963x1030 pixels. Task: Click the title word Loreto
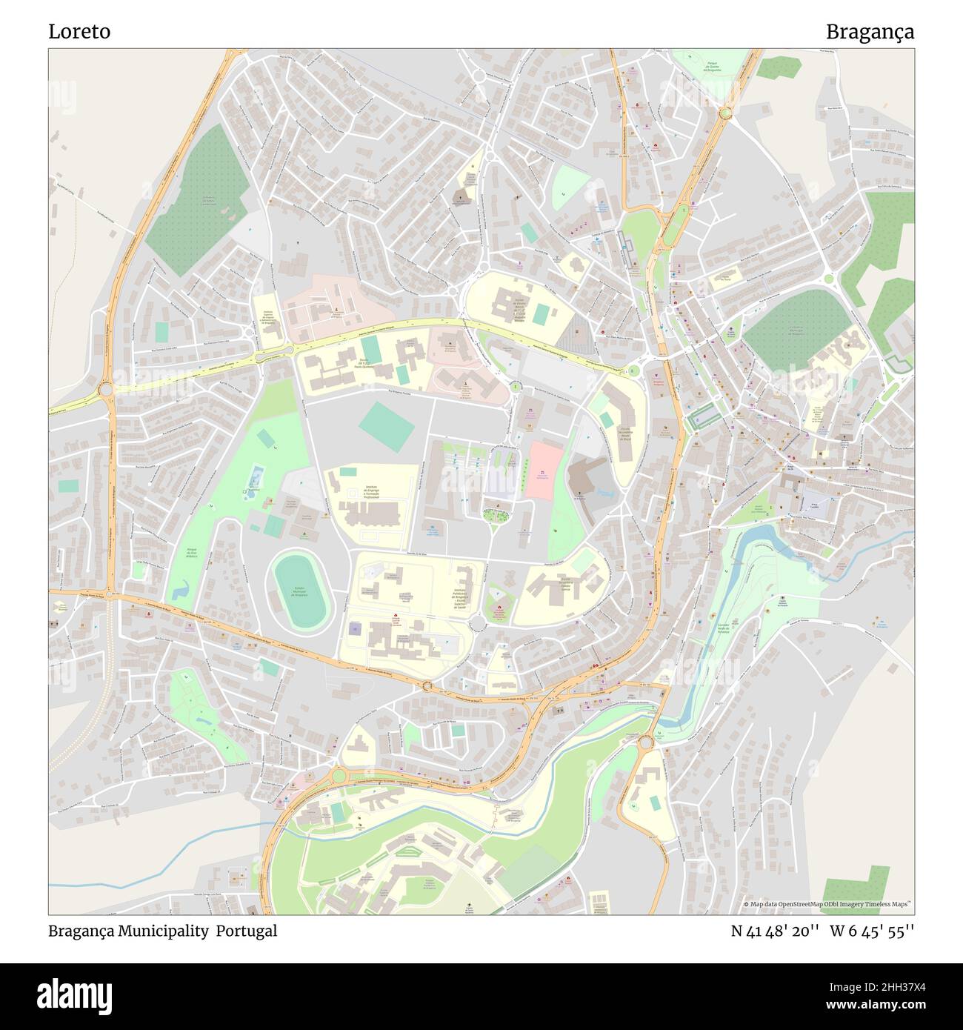(79, 32)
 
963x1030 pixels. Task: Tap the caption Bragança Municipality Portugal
(163, 931)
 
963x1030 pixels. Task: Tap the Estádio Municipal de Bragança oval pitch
(301, 591)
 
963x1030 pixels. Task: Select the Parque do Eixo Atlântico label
(191, 553)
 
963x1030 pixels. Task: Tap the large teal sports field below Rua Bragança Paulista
(386, 425)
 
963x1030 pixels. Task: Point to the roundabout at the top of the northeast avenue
(724, 113)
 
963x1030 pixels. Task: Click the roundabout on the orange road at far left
(106, 388)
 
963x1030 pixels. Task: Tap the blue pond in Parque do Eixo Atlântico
(180, 592)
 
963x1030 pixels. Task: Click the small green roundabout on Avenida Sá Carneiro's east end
(633, 370)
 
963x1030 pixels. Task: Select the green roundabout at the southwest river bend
(339, 775)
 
